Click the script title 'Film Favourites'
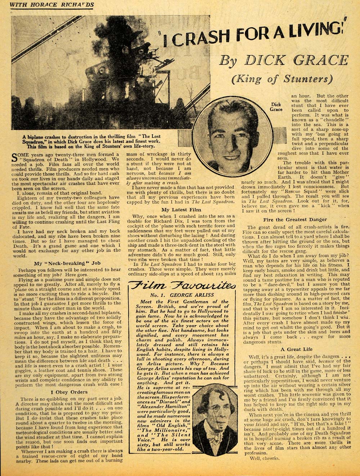click(x=183, y=286)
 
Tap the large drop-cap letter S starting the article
click(x=15, y=157)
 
